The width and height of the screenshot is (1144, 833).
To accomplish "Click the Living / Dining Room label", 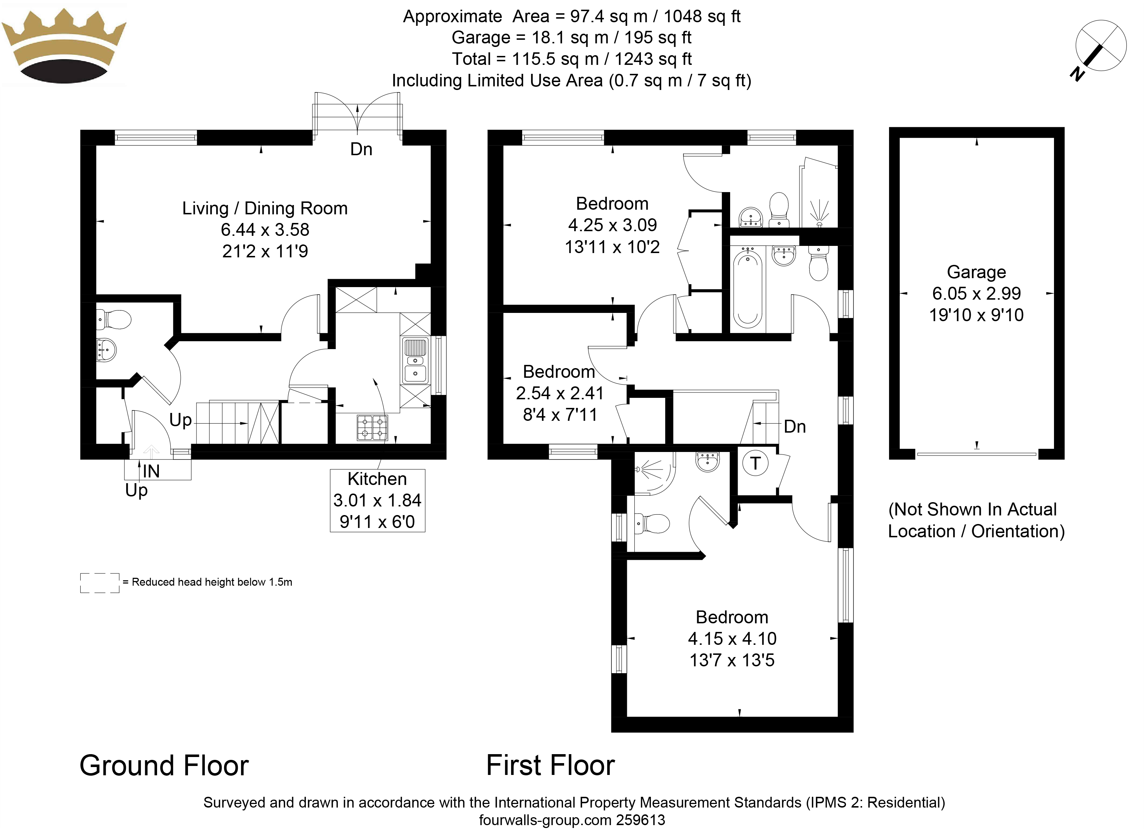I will (x=265, y=208).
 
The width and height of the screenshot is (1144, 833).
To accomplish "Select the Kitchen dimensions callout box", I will (x=377, y=500).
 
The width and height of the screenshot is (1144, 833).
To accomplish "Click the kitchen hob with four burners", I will (x=372, y=427).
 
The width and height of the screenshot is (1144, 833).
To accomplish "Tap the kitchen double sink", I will (x=415, y=361).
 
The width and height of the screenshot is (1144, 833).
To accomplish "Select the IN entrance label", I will (x=151, y=471).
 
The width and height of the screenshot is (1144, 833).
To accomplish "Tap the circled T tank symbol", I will (x=755, y=463).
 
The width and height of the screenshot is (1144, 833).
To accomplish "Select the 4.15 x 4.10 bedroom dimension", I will (x=732, y=638).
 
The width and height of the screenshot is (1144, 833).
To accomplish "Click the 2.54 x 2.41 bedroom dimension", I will (x=559, y=393).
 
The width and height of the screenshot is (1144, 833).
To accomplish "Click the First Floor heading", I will (x=550, y=765).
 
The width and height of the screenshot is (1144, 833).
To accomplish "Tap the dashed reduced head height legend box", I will (x=100, y=582).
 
